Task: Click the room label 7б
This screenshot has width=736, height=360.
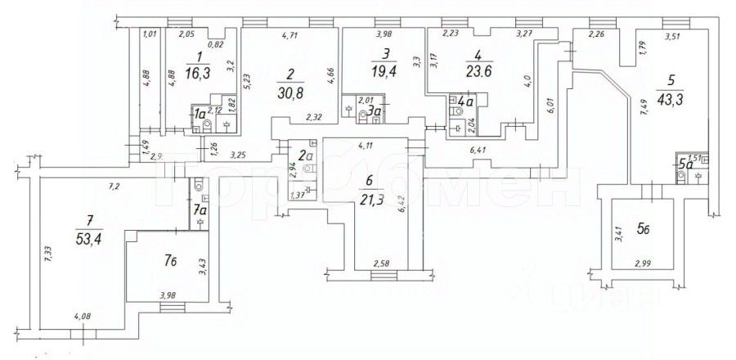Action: click(169, 262)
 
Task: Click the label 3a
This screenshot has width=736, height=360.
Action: click(374, 110)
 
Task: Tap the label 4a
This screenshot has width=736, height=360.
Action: click(466, 102)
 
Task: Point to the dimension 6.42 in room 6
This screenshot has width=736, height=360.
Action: click(402, 216)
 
